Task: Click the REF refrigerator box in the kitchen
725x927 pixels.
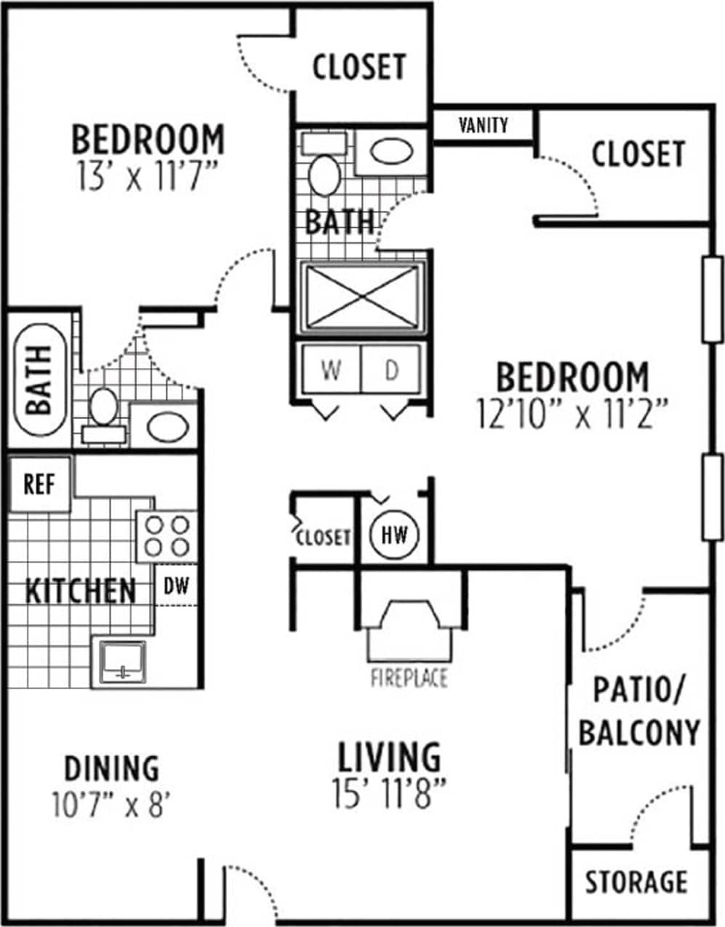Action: pos(39,484)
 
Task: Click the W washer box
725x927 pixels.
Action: pos(331,370)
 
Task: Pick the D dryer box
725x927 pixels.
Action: pos(392,370)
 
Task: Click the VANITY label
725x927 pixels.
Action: pos(484,125)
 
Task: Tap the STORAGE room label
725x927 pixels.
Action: pos(637,882)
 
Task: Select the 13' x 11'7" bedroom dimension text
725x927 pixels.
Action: pos(148,177)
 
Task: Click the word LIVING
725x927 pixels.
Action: pos(389,758)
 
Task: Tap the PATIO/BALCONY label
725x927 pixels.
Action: pos(638,711)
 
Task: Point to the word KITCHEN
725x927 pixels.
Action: pos(80,591)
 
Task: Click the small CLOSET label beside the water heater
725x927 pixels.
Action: pos(323,537)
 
